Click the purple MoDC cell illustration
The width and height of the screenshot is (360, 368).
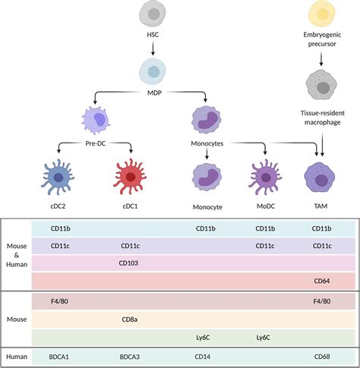[x=265, y=175]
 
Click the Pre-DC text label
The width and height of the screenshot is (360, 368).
[x=96, y=142]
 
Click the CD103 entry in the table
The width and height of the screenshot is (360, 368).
[x=130, y=263]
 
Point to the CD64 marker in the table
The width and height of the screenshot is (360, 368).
[x=323, y=281]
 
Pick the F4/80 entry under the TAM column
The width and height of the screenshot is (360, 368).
[x=323, y=301]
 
